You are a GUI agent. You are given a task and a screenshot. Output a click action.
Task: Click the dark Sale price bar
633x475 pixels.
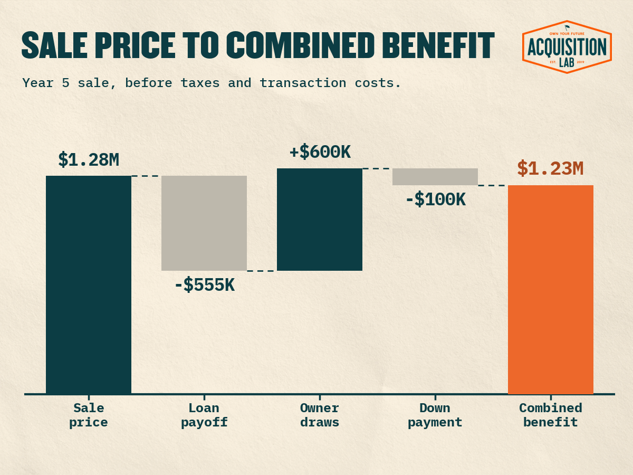[89, 284]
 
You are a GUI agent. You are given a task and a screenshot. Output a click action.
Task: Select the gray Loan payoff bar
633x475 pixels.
[204, 223]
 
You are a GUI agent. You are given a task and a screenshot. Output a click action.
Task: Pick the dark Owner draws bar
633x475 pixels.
[320, 220]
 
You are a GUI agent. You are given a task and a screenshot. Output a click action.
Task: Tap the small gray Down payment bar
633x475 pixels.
[435, 177]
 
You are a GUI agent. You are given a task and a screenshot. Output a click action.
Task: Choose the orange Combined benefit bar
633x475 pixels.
[551, 290]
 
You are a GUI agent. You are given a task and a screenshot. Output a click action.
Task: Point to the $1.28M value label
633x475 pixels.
[89, 160]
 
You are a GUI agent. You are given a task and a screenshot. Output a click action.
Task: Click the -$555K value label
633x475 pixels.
[205, 285]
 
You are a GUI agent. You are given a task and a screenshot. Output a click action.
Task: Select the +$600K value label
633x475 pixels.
[320, 152]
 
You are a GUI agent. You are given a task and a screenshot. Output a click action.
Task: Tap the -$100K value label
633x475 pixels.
[436, 199]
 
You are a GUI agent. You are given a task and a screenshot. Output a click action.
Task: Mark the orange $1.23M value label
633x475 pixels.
[550, 169]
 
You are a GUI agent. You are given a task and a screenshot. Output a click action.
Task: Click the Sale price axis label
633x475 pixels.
[89, 415]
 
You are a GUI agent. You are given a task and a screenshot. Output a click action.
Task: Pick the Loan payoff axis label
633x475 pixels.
[204, 415]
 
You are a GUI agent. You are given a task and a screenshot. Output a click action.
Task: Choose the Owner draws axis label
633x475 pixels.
[320, 415]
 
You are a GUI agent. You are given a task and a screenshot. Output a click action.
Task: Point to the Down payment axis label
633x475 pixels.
[435, 415]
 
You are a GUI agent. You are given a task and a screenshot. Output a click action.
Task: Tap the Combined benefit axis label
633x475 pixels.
[551, 415]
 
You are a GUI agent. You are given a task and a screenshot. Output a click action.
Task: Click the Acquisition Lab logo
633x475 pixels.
[567, 47]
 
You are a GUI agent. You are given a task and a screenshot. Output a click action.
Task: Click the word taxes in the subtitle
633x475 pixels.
[200, 83]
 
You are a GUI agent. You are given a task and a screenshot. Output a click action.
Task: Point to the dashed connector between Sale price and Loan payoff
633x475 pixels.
[146, 176]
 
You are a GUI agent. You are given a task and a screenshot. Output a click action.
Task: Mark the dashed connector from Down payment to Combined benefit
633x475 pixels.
[493, 185]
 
